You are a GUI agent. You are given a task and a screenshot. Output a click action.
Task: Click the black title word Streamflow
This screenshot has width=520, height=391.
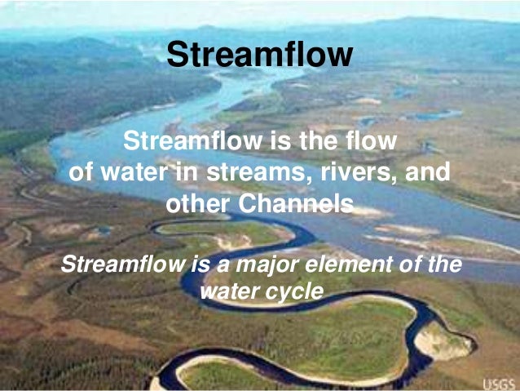click(259, 55)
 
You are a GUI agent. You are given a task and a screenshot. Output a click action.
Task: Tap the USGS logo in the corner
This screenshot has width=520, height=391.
click(499, 383)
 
